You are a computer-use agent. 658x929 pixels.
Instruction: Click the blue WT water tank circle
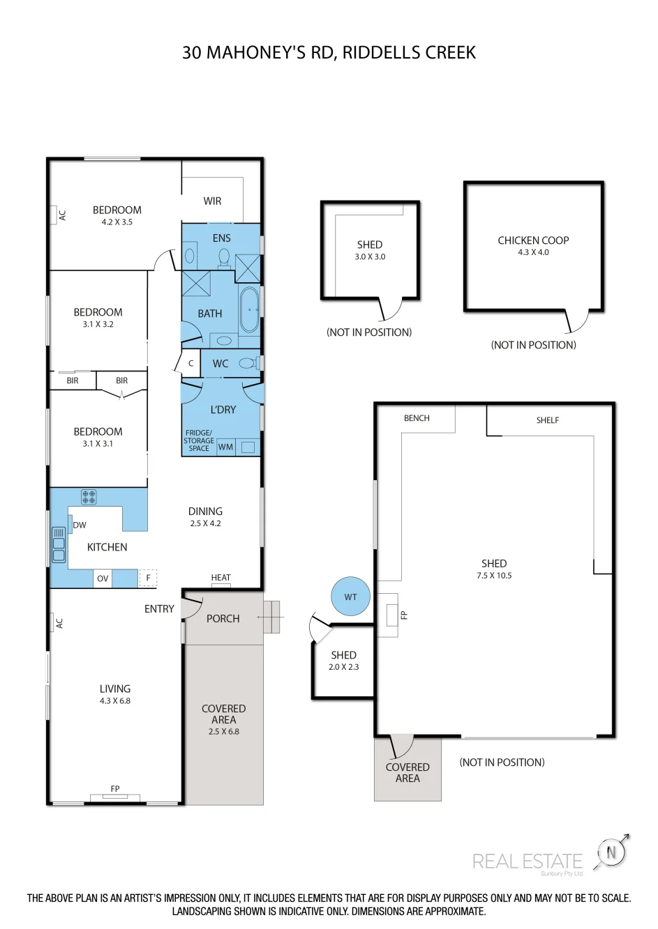[350, 597]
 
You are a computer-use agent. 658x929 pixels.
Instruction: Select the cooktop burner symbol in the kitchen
[89, 497]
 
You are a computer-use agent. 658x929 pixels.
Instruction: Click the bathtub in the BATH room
[249, 309]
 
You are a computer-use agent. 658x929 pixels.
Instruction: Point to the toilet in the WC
[249, 363]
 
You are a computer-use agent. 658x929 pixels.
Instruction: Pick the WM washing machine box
[225, 447]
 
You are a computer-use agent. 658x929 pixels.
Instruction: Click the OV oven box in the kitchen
[103, 578]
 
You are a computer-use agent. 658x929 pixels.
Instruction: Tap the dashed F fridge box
[148, 578]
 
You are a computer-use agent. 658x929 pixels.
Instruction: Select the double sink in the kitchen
[59, 544]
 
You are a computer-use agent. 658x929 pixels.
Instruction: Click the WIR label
[212, 201]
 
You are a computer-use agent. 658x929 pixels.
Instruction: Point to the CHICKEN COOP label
[533, 240]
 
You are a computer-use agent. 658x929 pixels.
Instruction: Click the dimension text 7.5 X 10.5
[494, 575]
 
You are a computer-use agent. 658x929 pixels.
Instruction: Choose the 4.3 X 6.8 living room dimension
[115, 700]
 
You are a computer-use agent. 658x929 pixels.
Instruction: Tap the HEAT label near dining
[221, 577]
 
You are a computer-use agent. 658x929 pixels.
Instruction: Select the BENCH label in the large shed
[417, 418]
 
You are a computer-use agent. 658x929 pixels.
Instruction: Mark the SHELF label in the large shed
[547, 420]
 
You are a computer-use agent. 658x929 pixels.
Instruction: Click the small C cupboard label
[191, 363]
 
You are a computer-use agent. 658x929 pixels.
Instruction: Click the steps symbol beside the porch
[271, 617]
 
